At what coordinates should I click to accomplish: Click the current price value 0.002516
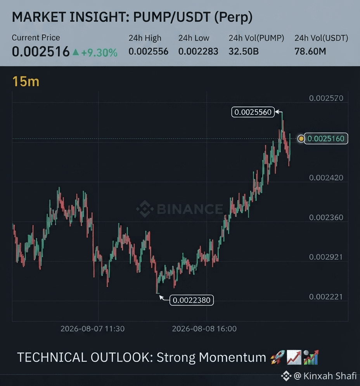coord(41,52)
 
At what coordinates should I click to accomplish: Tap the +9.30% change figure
coord(99,52)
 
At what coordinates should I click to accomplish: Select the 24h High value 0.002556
coord(148,51)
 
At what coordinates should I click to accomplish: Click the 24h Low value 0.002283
coord(198,51)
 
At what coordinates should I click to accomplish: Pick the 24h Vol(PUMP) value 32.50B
coord(244,51)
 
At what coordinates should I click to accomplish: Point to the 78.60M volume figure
coord(310,51)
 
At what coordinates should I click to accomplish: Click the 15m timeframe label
coord(26,81)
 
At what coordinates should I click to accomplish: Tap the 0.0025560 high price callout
coord(253,112)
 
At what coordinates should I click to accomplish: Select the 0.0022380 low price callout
coord(192,300)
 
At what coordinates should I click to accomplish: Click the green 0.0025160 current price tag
coord(326,139)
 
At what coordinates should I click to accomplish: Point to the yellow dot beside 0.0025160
coord(301,139)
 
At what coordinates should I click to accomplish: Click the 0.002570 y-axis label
coord(326,98)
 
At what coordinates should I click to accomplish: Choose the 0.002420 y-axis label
coord(326,177)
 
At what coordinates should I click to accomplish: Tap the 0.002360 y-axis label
coord(326,217)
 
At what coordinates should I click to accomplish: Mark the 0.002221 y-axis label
coord(326,297)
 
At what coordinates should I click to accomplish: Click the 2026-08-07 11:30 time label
coord(92,329)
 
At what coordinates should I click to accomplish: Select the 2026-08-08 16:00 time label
coord(204,329)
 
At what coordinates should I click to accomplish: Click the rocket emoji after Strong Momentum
coord(277,357)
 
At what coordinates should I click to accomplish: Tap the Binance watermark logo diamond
coord(145,209)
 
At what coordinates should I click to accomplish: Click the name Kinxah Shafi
coord(330,376)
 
